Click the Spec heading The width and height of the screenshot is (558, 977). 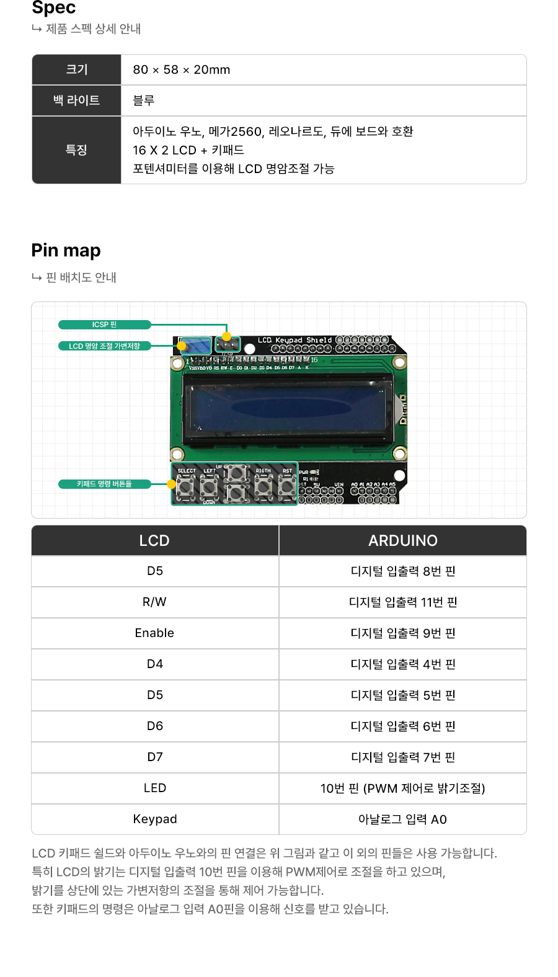(54, 7)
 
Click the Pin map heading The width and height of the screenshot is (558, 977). (66, 251)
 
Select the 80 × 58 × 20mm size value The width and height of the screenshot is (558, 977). (181, 69)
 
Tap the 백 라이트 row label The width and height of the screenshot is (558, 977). (76, 100)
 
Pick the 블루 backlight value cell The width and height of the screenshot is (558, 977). (144, 100)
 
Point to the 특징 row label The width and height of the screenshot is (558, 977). (76, 150)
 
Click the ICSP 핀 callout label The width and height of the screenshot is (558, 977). (104, 324)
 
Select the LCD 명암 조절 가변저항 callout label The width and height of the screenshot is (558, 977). (104, 346)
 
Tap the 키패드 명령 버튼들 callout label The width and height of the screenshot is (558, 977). (104, 484)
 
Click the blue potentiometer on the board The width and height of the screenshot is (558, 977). (195, 346)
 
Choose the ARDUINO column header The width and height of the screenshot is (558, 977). (402, 540)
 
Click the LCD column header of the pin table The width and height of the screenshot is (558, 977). (154, 540)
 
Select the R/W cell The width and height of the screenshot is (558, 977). (154, 602)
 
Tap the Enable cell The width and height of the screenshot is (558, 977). (154, 633)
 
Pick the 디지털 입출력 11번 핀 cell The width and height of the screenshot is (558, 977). (402, 602)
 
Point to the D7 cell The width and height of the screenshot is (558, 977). (154, 757)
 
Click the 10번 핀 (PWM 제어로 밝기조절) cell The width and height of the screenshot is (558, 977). (402, 788)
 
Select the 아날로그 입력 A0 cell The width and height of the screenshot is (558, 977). (402, 819)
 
